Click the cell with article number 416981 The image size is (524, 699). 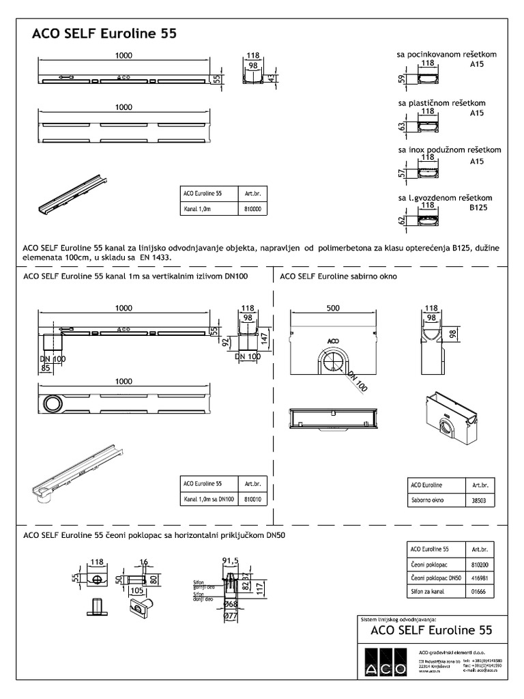pos(480,578)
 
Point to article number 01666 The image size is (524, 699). pos(480,592)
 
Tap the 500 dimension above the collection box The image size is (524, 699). pos(333,308)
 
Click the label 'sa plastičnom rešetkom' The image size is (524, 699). pos(442,104)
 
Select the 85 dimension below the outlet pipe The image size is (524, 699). pos(46,369)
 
